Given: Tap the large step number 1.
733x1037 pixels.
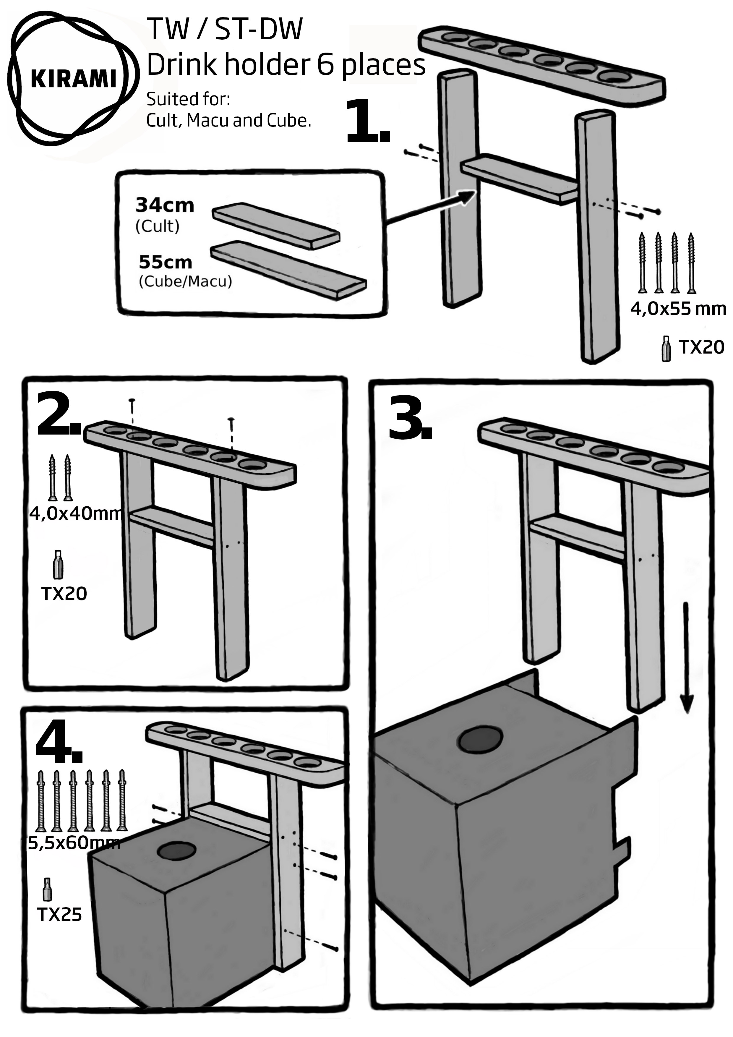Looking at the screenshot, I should point(367,122).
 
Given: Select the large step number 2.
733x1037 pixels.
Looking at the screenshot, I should point(58,415).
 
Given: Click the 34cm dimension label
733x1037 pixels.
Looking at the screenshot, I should point(165,205).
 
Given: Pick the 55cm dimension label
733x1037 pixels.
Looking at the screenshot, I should point(165,262).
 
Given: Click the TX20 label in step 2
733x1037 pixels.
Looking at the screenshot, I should point(64,594).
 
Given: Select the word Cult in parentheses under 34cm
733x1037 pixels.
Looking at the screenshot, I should point(158,226).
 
